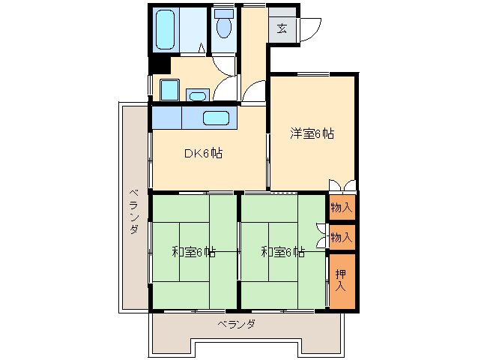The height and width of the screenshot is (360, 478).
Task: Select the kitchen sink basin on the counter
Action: point(216,118)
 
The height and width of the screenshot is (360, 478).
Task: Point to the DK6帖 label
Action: point(203,154)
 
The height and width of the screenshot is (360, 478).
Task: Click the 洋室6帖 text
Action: point(312,134)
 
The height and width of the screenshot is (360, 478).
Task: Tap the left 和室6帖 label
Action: point(193,252)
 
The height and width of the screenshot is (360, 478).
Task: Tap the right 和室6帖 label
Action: point(282,252)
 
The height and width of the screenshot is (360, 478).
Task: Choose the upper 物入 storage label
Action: point(341,207)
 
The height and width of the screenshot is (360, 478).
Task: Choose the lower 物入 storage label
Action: point(341,237)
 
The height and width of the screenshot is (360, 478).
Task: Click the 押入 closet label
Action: point(341,280)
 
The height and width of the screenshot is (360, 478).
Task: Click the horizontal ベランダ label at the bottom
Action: point(237,324)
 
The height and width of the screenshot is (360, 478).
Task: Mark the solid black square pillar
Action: point(157,64)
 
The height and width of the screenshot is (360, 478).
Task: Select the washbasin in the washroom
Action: point(198,95)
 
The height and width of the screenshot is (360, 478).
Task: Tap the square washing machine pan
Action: point(169,90)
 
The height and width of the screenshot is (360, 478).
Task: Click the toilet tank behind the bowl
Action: point(223,13)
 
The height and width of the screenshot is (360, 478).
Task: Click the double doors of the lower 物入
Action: point(322,236)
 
